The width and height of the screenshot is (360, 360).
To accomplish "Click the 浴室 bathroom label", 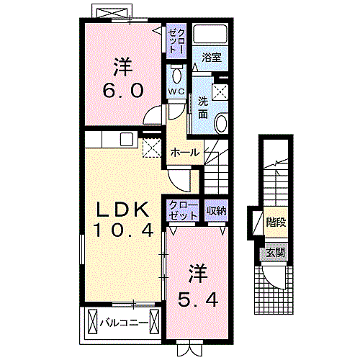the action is tap(212, 58).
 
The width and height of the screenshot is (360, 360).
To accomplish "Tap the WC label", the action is tap(176, 91).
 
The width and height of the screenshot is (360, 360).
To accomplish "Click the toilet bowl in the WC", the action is tap(177, 76).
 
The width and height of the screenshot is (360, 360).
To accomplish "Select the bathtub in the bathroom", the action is tap(210, 34).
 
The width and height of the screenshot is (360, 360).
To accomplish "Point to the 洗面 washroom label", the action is tap(203, 108).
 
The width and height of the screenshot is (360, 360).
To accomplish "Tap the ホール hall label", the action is tap(185, 153).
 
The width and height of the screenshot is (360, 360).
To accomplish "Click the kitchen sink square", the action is tap(127, 140).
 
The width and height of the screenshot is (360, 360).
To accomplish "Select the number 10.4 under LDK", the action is tap(123, 230).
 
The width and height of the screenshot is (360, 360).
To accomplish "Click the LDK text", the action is tap(122, 210).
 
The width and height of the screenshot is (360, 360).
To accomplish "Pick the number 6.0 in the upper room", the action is tap(123, 91).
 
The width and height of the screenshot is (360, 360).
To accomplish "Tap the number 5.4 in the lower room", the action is tap(198, 300).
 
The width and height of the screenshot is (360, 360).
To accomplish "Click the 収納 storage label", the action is tap(217, 211).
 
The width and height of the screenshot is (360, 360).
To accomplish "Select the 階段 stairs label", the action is tap(276, 222).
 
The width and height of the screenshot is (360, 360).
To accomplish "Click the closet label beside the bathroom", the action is tap(176, 41).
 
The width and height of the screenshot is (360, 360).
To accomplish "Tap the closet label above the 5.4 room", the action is tap(183, 211).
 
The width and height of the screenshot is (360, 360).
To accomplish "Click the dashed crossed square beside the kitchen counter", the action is tap(152, 148).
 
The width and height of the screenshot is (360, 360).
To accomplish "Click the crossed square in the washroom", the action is tap(220, 92).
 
